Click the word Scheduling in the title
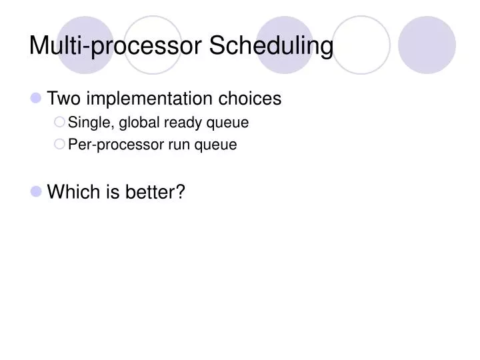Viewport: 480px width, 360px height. click(271, 46)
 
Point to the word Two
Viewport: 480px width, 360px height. click(63, 99)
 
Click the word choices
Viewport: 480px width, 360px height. click(251, 99)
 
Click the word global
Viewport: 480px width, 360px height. click(139, 123)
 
